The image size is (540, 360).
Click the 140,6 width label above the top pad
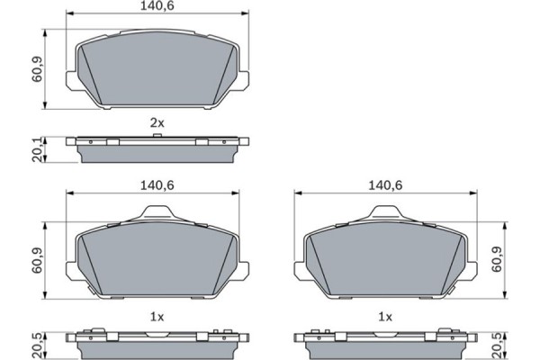pos(157,6)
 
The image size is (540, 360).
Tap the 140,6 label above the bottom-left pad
pos(157,185)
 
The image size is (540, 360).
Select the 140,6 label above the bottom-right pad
pos(385,185)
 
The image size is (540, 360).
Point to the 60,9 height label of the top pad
pos(37,69)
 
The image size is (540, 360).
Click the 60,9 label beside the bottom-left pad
pos(37,260)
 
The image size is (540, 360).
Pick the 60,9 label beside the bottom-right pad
pos(497,259)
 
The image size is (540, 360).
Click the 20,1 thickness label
pos(37,150)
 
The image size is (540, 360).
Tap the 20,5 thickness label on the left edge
pos(37,346)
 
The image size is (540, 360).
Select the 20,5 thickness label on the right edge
pos(497,346)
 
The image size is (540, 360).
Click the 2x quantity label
pos(157,122)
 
